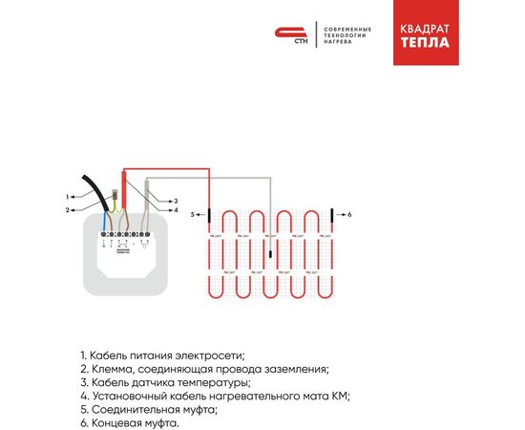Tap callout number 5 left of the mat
192,215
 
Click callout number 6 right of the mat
350,215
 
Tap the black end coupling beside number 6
332,214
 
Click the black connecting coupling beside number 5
209,215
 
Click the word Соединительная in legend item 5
134,409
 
